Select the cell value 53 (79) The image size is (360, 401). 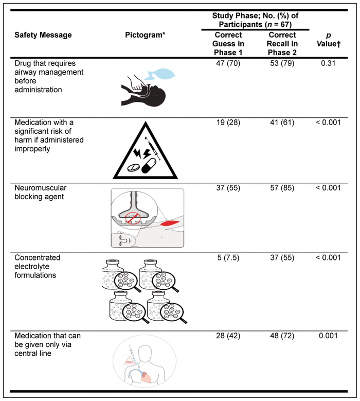point(281,64)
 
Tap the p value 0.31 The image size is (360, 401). point(328,64)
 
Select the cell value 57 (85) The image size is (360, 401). point(281,187)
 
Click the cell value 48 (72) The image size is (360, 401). point(281,336)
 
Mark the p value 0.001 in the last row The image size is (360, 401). point(328,336)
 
